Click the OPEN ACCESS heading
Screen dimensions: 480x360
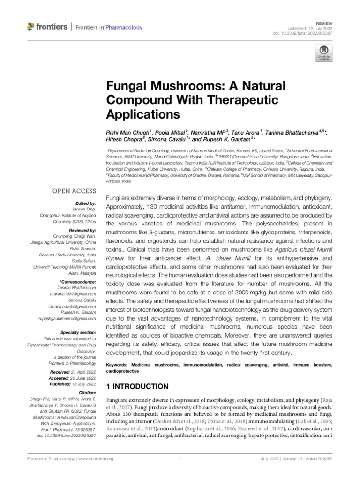coord(71,191)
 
